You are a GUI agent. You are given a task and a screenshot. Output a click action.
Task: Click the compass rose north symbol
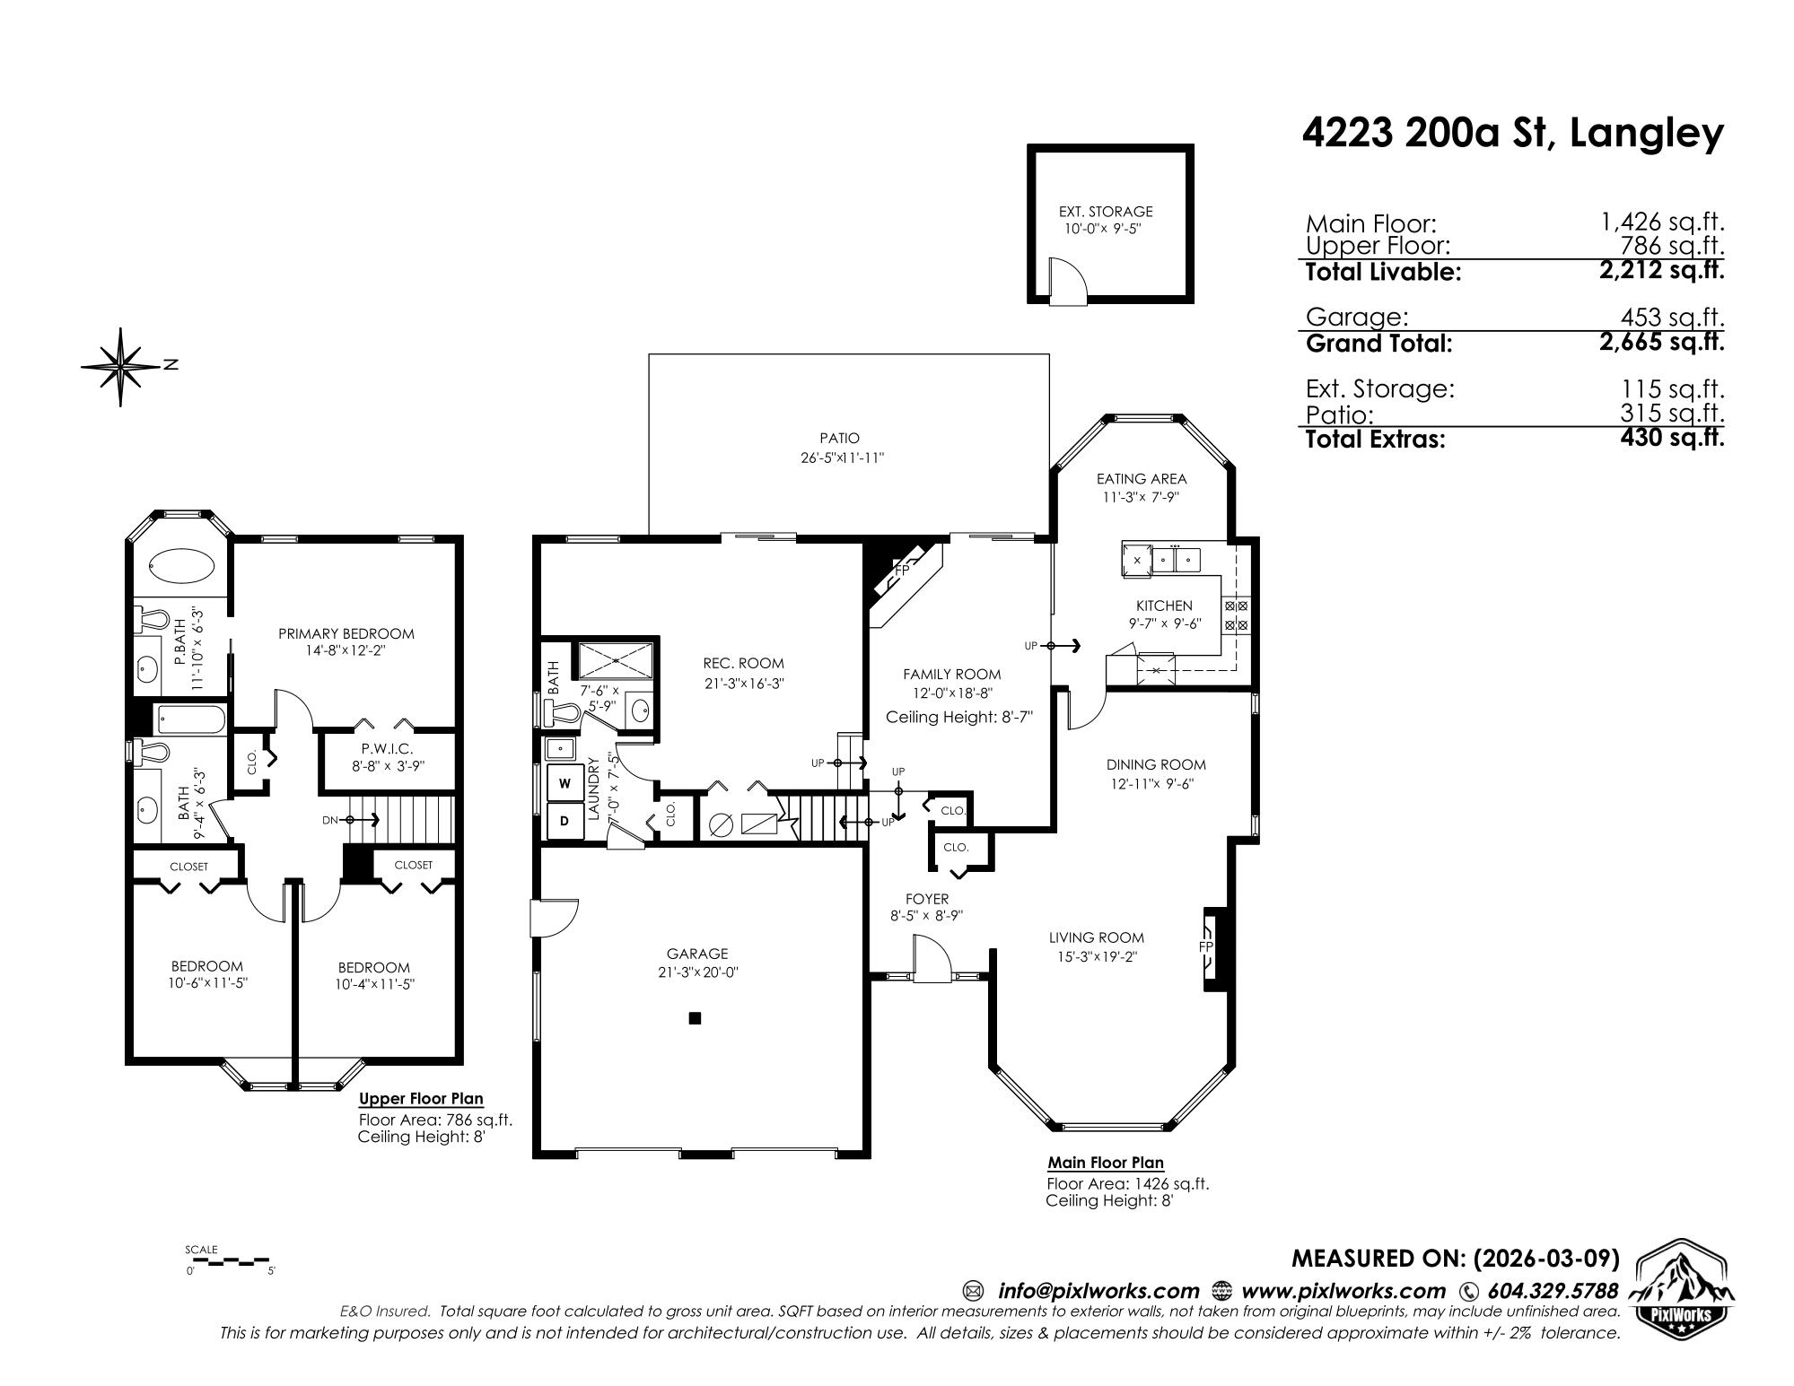(121, 367)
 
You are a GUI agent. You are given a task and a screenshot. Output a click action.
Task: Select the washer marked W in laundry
(564, 782)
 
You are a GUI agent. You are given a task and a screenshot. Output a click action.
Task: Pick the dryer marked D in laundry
(564, 821)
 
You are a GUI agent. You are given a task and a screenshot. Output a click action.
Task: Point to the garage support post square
(695, 1018)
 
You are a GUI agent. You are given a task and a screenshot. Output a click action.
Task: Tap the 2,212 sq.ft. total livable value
(1661, 270)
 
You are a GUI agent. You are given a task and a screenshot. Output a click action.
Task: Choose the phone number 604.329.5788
(1553, 1291)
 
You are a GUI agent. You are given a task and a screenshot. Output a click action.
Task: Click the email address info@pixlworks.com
(1098, 1291)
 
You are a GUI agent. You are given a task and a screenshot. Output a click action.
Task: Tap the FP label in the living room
(1206, 947)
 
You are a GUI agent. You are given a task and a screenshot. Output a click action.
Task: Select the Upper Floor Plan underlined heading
(421, 1099)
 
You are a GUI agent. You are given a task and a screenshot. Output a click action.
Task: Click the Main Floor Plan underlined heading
(1106, 1163)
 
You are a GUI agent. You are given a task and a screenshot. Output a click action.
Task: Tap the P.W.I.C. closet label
(387, 748)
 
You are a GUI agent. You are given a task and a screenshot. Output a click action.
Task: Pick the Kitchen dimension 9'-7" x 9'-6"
(1164, 623)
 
